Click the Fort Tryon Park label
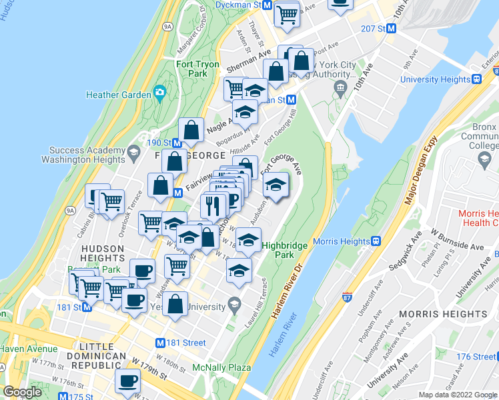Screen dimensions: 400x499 (x=197, y=69)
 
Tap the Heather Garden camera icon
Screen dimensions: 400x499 (x=159, y=93)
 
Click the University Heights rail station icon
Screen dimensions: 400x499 (x=477, y=79)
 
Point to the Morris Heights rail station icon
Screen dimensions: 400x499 (x=376, y=241)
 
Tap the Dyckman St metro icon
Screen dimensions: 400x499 (x=267, y=5)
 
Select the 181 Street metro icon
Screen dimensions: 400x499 (x=160, y=343)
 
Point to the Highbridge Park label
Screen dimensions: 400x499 (x=285, y=250)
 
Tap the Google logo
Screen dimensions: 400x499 (x=22, y=392)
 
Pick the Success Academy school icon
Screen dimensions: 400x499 (x=133, y=153)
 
